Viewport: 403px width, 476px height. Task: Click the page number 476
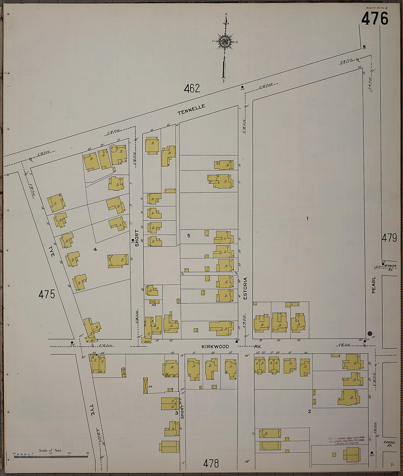[x=374, y=18]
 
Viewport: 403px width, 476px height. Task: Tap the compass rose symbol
[x=224, y=41]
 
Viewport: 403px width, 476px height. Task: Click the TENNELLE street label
[x=191, y=109]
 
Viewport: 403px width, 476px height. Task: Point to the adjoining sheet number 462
[x=192, y=88]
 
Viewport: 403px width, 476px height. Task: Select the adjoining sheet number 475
[x=47, y=294]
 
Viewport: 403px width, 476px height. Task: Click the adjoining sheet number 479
[x=389, y=238]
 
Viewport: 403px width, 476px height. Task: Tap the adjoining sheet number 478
[x=211, y=464]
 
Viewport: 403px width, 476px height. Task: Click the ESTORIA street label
[x=245, y=289]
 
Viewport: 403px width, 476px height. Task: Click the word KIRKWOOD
[x=215, y=346]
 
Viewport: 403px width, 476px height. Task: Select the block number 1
[x=307, y=219]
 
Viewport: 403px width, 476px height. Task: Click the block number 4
[x=95, y=249]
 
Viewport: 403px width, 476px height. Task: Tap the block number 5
[x=189, y=236]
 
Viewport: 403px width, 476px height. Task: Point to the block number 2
[x=309, y=412]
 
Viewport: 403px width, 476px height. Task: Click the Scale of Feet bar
[x=51, y=456]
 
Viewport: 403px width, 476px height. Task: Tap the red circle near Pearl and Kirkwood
[x=370, y=333]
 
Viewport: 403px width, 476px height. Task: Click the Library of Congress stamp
[x=346, y=440]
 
